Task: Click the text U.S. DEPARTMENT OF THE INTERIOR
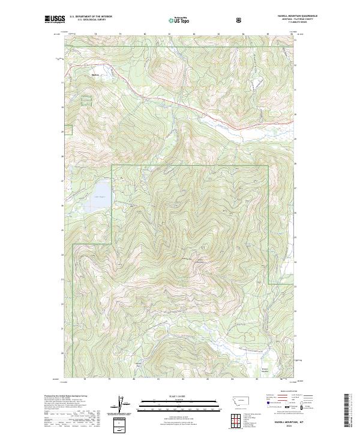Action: click(91, 17)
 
